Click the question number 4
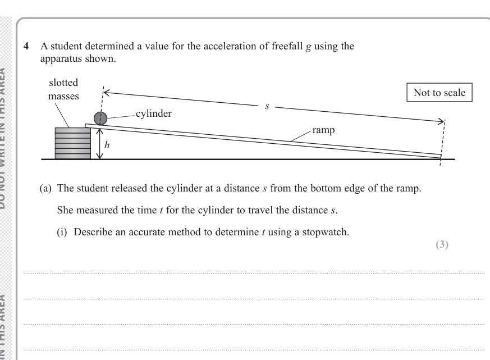26,47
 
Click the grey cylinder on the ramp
100,118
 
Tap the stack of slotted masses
72,143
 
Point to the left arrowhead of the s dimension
106,93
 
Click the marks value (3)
442,245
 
